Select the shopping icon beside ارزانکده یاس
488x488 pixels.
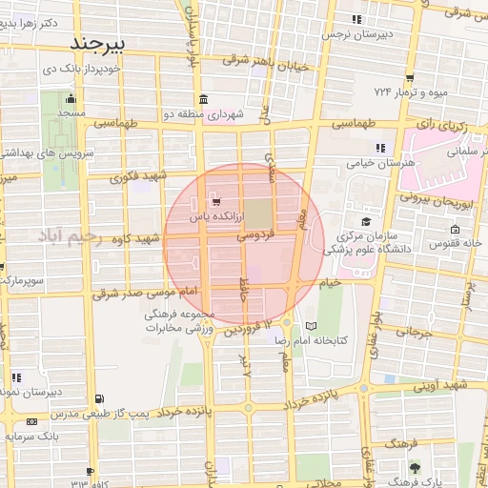pyautogui.click(x=215, y=202)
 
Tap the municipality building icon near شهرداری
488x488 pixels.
pyautogui.click(x=204, y=99)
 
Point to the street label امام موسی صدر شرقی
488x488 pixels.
pyautogui.click(x=132, y=294)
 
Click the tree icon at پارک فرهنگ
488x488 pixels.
pyautogui.click(x=415, y=468)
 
